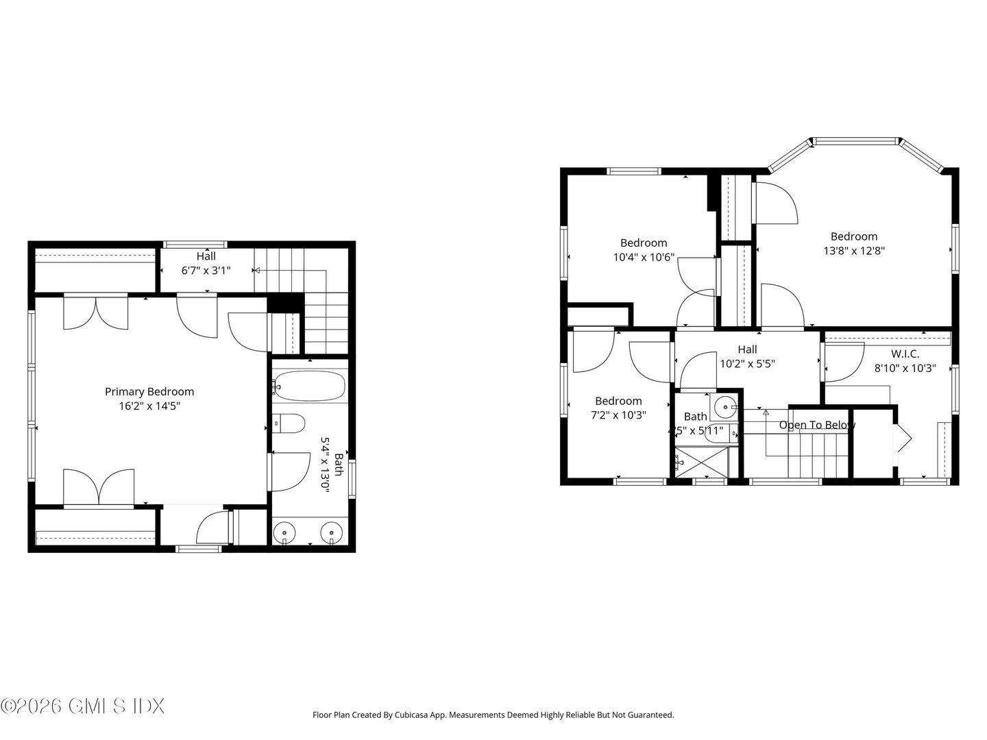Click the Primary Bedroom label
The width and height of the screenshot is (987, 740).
click(149, 392)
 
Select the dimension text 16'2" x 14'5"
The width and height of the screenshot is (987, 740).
click(149, 406)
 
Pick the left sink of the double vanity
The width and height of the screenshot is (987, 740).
click(284, 532)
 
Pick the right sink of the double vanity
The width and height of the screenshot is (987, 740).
click(332, 532)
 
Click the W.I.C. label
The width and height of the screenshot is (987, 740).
click(905, 354)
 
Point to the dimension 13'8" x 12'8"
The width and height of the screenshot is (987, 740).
click(854, 251)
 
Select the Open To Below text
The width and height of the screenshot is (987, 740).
click(817, 425)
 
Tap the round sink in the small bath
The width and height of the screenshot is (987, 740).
click(724, 408)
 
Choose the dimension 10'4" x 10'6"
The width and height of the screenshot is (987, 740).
click(644, 258)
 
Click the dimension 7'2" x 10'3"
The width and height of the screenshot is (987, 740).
click(618, 415)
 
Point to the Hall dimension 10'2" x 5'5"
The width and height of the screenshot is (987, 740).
click(747, 364)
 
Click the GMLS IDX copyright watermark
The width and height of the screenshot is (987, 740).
click(82, 706)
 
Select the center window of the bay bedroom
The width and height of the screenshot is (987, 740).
click(855, 142)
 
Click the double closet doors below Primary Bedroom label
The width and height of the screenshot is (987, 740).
click(99, 487)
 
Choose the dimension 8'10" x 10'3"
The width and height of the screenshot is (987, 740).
click(905, 368)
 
